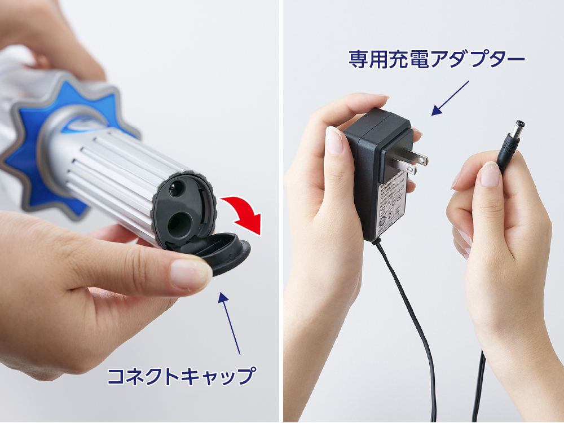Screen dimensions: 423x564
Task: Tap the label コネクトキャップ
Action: tap(180, 375)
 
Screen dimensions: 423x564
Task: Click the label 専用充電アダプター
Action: tap(436, 58)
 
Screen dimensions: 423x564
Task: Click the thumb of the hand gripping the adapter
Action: tap(334, 141)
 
